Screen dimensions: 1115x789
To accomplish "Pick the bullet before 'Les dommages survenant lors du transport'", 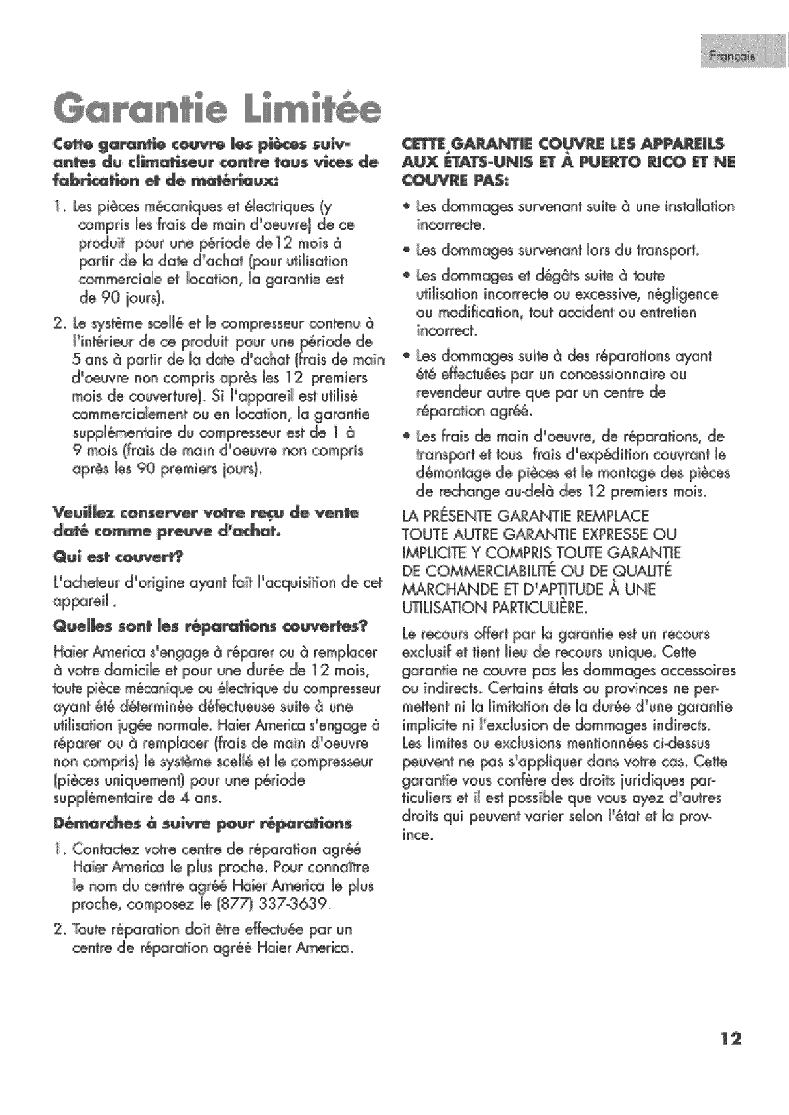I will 408,251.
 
